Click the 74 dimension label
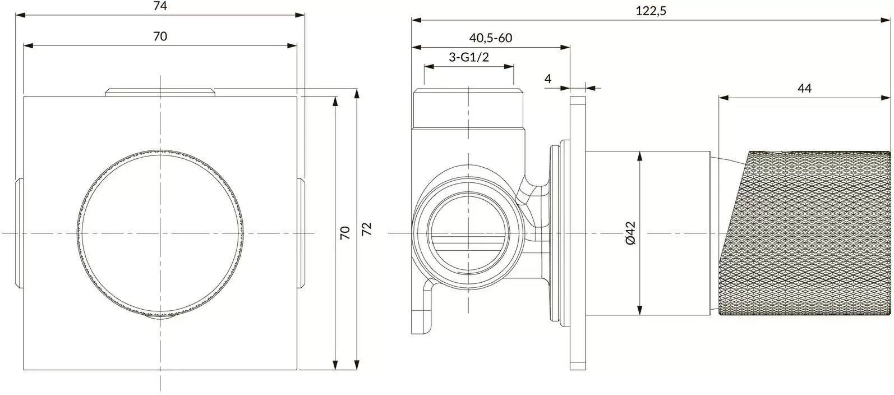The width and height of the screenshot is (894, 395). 160,6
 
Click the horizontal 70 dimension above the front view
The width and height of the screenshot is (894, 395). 160,36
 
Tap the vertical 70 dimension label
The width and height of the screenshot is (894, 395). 345,232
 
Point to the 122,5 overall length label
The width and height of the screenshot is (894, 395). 652,10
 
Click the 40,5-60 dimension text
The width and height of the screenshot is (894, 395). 491,38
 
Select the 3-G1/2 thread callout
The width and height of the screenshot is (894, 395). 468,57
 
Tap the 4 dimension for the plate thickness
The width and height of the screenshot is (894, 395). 548,79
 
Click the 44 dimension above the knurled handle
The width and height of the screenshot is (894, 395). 804,88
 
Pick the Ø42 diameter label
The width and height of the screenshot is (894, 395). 629,232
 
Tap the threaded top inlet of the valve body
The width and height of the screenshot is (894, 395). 468,108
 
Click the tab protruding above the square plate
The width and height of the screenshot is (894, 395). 160,93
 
